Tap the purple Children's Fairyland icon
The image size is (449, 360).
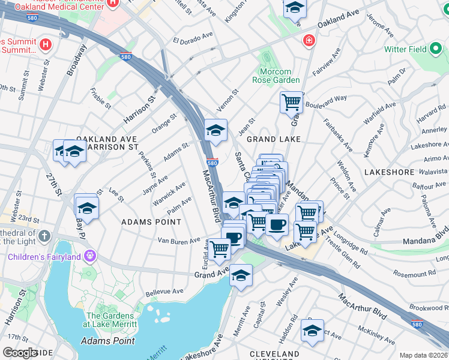coord(90,257)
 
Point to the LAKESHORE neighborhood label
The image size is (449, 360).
coord(389,172)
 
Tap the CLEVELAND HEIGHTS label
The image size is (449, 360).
coord(274,354)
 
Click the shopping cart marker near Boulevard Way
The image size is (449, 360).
coord(291,102)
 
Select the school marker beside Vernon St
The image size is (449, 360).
coord(216,129)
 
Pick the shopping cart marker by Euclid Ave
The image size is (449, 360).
coord(220,248)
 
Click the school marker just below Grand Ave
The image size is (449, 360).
coord(241,275)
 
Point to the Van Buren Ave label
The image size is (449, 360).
coord(178,241)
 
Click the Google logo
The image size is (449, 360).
coord(20,353)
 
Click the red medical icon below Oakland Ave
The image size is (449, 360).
coord(307,41)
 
